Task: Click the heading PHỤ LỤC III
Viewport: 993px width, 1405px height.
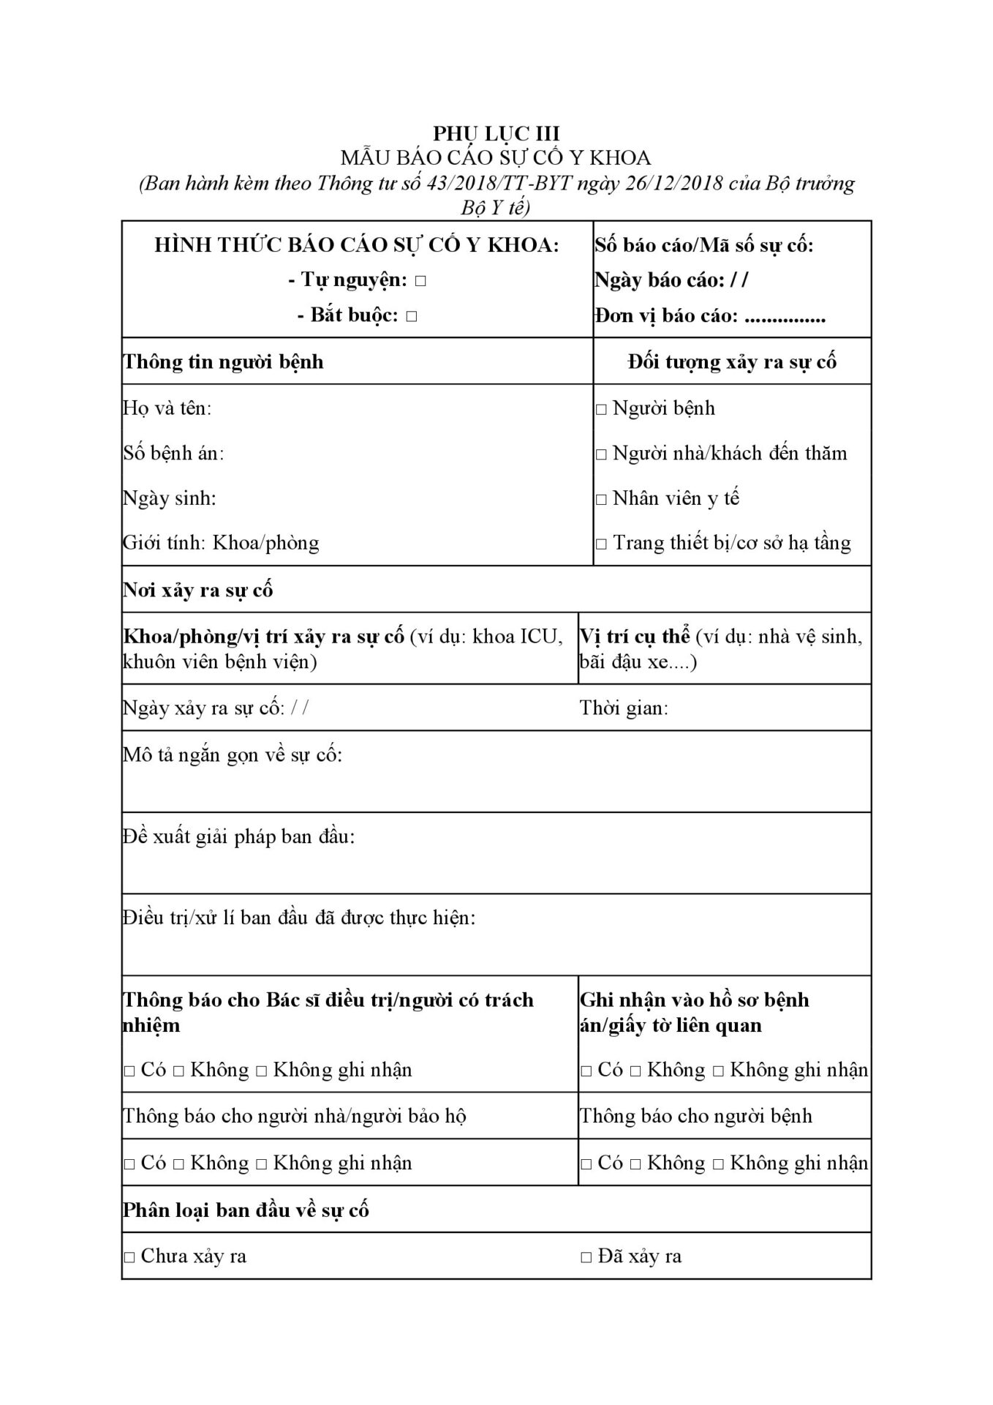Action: pos(496,133)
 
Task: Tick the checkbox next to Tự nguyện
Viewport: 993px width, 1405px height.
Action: pos(420,281)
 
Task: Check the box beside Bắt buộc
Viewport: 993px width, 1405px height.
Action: pos(411,317)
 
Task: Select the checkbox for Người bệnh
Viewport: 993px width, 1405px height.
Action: pos(601,410)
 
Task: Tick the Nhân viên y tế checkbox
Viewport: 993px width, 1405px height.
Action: pos(601,500)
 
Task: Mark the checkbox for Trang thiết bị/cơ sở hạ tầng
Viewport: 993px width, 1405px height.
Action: pos(601,544)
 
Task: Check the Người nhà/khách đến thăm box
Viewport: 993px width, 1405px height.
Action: pos(601,454)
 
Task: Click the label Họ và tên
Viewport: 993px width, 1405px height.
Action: pos(167,408)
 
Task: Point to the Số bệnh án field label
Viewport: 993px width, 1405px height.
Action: pos(173,454)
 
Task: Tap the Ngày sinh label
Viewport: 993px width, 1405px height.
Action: pos(169,499)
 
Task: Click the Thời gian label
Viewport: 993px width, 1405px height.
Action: pos(623,708)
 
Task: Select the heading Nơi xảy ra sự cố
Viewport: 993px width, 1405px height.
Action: pos(197,591)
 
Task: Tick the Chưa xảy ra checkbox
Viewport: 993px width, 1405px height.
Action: pos(129,1257)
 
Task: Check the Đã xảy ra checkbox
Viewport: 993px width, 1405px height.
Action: pos(586,1257)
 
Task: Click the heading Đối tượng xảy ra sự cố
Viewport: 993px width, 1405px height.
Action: pos(732,362)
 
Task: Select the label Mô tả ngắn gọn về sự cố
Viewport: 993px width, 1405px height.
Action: pos(232,755)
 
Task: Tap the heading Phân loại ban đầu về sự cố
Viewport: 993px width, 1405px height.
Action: pos(246,1210)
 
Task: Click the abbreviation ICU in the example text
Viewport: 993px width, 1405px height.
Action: pos(540,637)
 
